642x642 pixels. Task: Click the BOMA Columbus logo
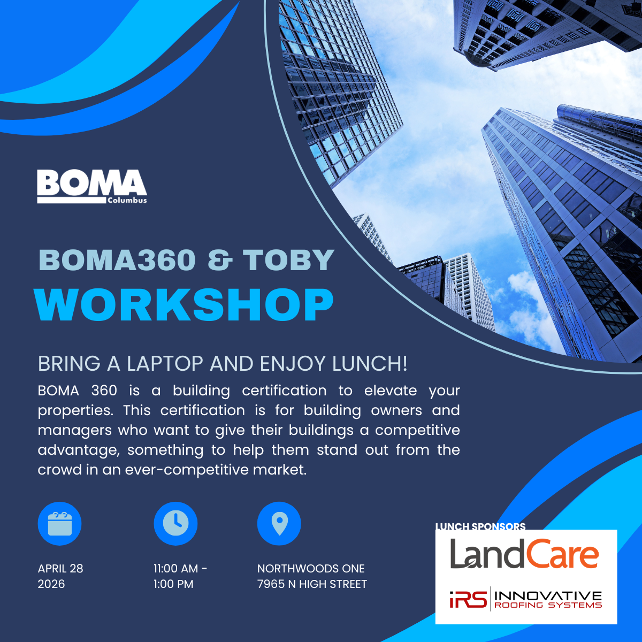click(92, 186)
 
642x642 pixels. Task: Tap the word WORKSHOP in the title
click(184, 305)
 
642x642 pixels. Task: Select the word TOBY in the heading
click(288, 260)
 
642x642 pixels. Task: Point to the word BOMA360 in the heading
click(117, 260)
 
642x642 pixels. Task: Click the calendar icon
click(59, 523)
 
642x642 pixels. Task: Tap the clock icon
click(175, 523)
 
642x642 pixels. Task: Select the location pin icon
click(279, 523)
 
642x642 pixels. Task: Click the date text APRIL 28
click(60, 568)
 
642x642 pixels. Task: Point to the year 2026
click(51, 584)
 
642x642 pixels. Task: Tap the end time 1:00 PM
click(173, 584)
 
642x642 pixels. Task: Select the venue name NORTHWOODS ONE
click(311, 568)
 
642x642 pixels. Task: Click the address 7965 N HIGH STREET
click(312, 584)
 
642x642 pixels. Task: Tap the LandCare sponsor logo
click(524, 554)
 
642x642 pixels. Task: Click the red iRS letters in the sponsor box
click(468, 600)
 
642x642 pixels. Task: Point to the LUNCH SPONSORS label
click(480, 526)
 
